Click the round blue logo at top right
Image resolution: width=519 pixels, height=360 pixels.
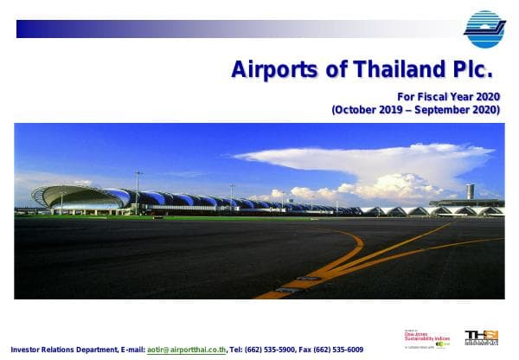pyautogui.click(x=484, y=29)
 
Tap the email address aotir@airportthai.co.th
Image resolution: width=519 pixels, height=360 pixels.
pyautogui.click(x=187, y=350)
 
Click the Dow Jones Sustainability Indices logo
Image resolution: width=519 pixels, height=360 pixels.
pyautogui.click(x=426, y=337)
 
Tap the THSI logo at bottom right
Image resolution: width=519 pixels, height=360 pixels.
pyautogui.click(x=481, y=337)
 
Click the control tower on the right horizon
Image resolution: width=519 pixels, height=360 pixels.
pyautogui.click(x=471, y=192)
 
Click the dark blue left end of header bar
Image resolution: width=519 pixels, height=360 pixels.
pyautogui.click(x=26, y=29)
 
